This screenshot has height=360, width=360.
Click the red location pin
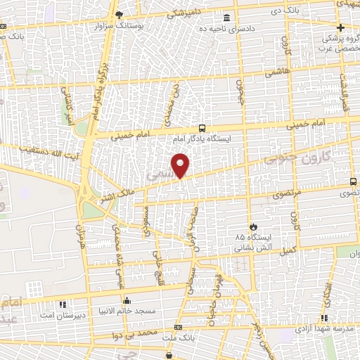(x=181, y=165)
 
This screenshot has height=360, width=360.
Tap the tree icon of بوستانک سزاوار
(x=120, y=15)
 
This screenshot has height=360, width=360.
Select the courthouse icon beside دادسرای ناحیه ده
(x=226, y=18)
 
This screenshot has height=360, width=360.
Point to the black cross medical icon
(x=340, y=27)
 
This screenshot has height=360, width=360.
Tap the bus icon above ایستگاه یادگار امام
(x=202, y=128)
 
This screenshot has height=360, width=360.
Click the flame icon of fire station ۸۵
(x=243, y=225)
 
